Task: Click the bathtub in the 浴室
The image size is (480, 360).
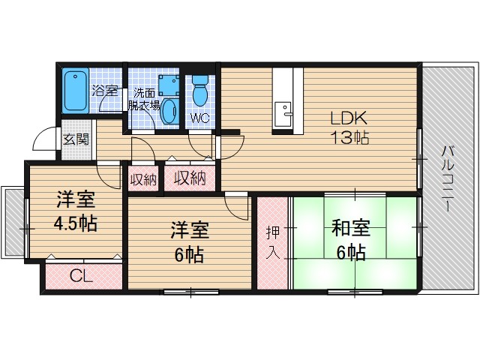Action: pos(76,91)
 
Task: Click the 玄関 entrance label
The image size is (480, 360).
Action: pos(75,139)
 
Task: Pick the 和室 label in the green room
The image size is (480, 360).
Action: pos(346,227)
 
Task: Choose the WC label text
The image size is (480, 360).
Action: pos(199,118)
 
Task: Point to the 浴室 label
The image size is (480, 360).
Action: pos(105,91)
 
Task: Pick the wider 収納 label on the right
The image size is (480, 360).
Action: pos(190,178)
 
